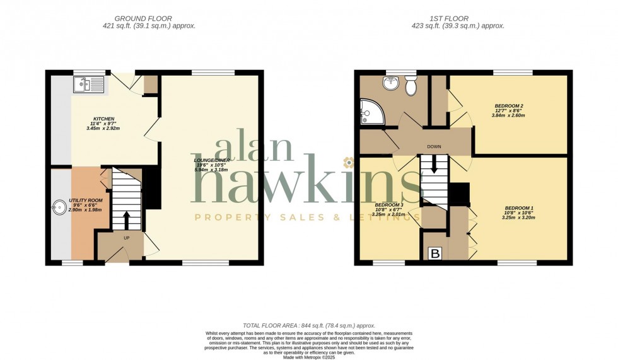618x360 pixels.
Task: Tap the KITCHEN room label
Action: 103,119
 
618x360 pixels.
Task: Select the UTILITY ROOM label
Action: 90,200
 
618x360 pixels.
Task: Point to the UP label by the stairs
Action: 126,238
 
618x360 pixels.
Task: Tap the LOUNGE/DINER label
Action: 212,160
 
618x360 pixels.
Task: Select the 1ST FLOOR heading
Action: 448,19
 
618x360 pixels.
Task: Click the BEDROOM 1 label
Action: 519,208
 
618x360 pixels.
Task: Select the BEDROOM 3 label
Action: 388,206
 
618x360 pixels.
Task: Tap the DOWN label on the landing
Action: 434,147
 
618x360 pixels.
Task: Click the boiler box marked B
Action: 434,253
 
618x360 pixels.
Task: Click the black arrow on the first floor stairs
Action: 434,165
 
